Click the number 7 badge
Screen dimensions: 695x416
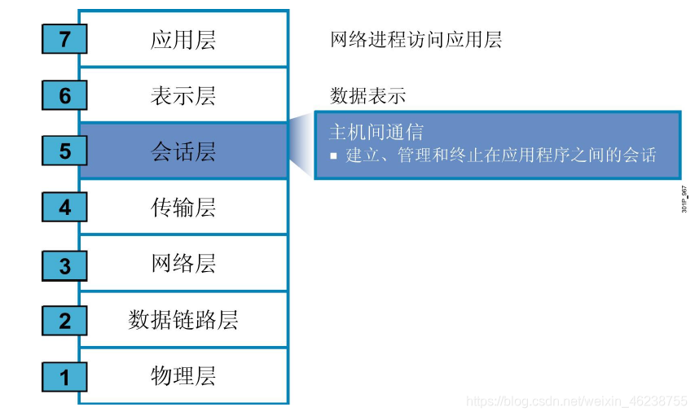(x=64, y=39)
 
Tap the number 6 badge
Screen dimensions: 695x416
(x=64, y=95)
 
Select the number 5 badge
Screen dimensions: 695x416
(x=64, y=151)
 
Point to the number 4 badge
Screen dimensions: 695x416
(x=64, y=208)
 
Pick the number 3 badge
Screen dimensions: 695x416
(x=64, y=265)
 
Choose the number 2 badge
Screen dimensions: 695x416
(x=64, y=321)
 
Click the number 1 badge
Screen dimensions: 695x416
(x=64, y=377)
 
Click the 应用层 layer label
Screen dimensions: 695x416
(x=183, y=40)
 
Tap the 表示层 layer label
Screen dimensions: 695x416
(x=183, y=96)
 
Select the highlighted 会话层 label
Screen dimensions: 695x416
(x=183, y=151)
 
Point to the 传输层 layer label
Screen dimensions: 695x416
(x=183, y=208)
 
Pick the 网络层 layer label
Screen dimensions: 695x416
(x=183, y=264)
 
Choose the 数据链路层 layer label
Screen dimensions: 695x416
(x=183, y=320)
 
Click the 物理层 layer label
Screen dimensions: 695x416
(x=183, y=376)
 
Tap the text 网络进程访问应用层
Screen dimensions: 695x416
(x=416, y=39)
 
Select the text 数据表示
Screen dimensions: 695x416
(x=367, y=95)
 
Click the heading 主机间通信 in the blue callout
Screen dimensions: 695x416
(x=376, y=132)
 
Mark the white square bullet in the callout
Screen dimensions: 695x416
(x=333, y=155)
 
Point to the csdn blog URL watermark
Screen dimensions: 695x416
(x=575, y=401)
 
